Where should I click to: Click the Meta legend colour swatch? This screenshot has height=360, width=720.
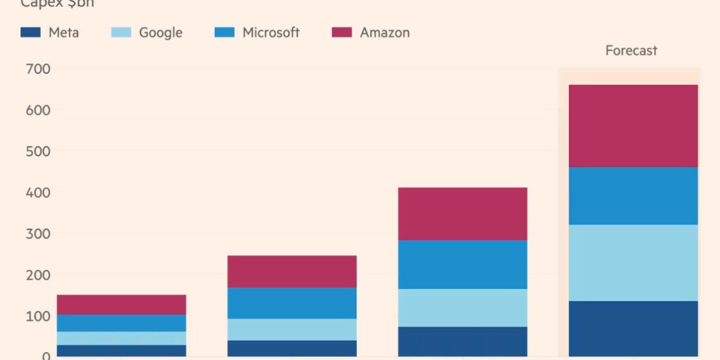pos(30,32)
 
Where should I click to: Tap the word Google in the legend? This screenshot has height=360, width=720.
pos(160,32)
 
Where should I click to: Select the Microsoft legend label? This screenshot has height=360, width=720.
pos(271,32)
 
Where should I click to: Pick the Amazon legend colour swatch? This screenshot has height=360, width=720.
pos(341,32)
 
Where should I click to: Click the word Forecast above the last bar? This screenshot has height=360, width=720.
pos(631,51)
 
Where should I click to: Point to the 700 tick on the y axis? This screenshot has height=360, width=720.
pos(38,70)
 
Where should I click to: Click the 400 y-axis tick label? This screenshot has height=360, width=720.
pos(38,193)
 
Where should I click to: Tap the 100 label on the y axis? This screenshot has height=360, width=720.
pos(38,316)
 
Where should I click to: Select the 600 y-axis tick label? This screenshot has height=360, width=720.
pos(38,110)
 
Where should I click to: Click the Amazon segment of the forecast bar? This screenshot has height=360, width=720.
pos(633,126)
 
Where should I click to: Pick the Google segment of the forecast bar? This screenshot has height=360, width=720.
pos(633,263)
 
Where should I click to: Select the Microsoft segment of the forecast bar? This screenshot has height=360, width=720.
pos(633,196)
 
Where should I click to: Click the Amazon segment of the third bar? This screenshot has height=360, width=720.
pos(463,214)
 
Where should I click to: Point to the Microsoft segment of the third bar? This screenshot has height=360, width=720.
pos(463,265)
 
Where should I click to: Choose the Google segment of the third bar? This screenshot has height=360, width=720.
pos(463,308)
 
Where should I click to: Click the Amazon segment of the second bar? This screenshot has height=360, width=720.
pos(292,271)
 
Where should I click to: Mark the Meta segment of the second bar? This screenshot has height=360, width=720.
pos(292,349)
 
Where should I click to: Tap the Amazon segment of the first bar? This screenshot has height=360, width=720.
pos(121,304)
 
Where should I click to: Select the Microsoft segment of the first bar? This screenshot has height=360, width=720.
pos(121,323)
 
